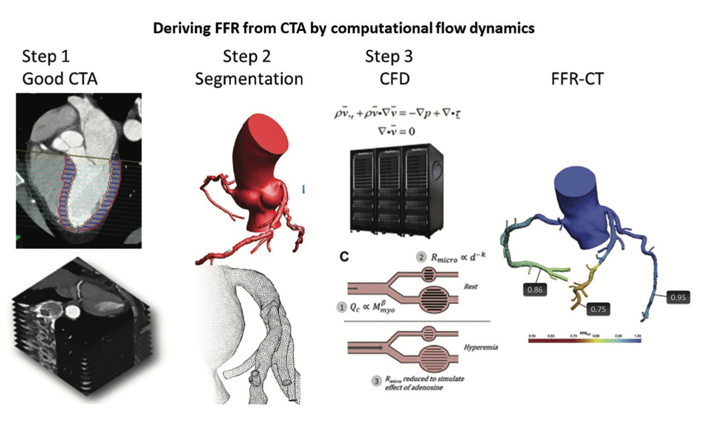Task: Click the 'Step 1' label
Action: click(46, 57)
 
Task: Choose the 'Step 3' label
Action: click(389, 57)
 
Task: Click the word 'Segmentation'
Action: click(249, 79)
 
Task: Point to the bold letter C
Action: click(344, 258)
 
